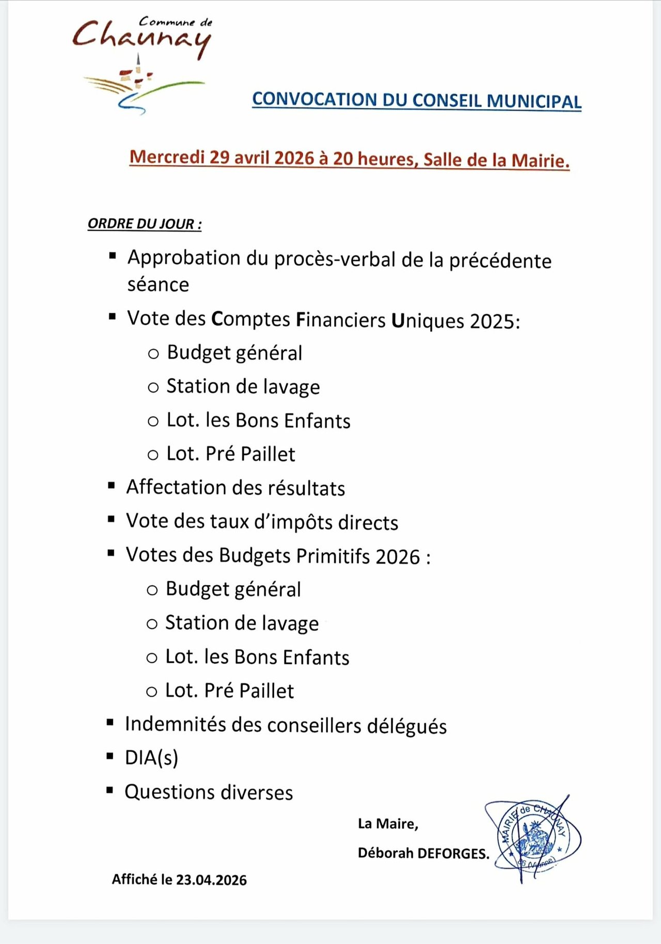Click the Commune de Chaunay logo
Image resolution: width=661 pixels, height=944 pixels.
click(142, 65)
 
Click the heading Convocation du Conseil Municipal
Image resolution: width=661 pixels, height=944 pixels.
click(416, 100)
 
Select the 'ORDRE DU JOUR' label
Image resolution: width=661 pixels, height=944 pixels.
click(144, 224)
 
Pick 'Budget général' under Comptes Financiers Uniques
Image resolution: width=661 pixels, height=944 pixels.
click(234, 353)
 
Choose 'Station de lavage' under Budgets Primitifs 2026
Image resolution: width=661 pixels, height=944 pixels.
click(242, 623)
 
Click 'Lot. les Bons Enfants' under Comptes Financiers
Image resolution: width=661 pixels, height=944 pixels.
click(258, 421)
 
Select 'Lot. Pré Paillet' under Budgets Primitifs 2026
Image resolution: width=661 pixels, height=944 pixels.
click(229, 691)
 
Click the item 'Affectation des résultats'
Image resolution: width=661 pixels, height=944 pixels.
click(235, 488)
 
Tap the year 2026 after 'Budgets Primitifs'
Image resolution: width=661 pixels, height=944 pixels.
click(398, 557)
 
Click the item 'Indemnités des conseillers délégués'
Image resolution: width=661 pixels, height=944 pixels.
click(286, 725)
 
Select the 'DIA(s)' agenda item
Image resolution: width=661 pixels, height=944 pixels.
click(151, 758)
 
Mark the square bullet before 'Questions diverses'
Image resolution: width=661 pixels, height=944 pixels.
click(109, 790)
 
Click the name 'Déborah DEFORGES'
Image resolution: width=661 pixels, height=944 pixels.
click(423, 853)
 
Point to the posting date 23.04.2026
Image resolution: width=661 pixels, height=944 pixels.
click(211, 880)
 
